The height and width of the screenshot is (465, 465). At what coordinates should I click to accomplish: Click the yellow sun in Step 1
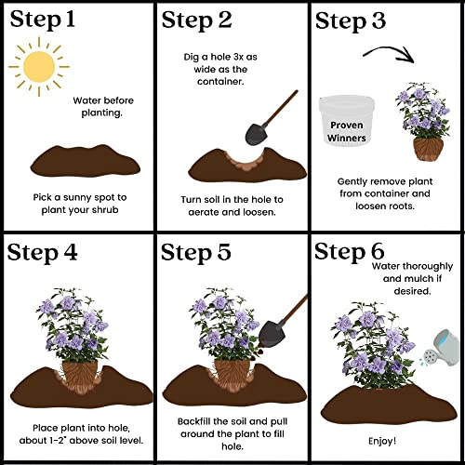(39, 67)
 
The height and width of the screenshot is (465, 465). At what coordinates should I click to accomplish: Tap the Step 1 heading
(43, 20)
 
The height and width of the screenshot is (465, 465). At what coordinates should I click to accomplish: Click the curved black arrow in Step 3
(389, 53)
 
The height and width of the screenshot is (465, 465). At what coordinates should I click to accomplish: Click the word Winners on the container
(347, 138)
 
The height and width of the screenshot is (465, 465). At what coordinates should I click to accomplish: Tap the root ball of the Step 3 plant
(429, 150)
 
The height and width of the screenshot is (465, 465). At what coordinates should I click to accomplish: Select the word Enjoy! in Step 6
(382, 441)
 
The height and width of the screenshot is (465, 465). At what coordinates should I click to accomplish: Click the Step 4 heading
(42, 252)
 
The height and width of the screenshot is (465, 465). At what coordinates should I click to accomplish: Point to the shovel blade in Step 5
(272, 334)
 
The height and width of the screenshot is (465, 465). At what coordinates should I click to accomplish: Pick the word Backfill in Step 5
(194, 421)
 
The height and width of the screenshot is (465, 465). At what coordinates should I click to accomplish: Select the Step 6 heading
(349, 251)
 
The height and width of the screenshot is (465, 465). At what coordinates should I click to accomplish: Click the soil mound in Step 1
(86, 161)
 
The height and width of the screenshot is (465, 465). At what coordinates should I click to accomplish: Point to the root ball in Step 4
(80, 375)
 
